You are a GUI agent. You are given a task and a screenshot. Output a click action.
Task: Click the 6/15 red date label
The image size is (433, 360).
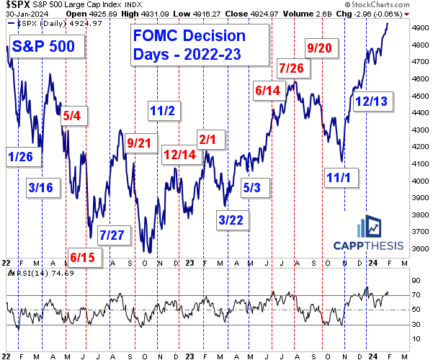[x=84, y=256]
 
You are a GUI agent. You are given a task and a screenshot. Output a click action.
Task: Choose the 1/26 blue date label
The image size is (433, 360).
[x=21, y=156]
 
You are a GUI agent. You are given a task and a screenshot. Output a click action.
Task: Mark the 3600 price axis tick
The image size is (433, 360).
[x=417, y=249]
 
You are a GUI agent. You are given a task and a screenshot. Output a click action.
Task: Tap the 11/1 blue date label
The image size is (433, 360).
[x=337, y=176]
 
